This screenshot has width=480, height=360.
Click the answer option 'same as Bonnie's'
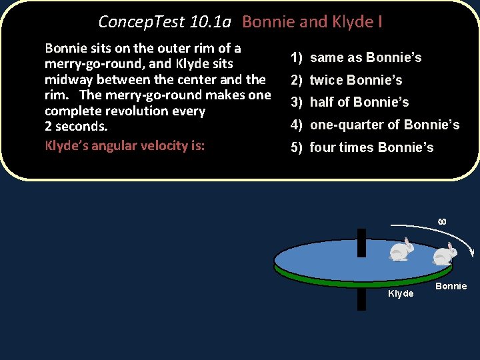coord(365,58)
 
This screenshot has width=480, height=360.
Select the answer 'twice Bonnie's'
coord(356,81)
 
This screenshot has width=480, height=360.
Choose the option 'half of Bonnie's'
coord(359,103)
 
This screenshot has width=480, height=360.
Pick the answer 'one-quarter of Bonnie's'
coord(385,125)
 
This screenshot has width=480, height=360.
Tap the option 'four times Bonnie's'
coord(371,148)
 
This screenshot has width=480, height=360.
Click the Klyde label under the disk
coord(401,294)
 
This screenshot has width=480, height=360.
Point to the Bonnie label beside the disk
coord(451,287)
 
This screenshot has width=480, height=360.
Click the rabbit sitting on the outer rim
coord(444,255)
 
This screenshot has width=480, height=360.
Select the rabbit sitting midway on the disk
coord(401,249)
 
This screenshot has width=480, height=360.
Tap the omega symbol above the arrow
coord(441,221)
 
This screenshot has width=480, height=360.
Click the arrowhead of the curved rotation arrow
coord(471,252)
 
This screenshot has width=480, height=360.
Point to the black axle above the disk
coord(361,241)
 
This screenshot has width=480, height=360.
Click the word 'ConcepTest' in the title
coord(141,22)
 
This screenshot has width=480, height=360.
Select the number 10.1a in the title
coord(210,22)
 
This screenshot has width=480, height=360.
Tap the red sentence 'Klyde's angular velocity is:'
coord(125,146)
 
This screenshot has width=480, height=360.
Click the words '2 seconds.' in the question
coord(76,126)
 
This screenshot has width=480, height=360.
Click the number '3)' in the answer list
coord(297,103)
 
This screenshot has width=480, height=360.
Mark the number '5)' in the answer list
coord(297,148)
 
